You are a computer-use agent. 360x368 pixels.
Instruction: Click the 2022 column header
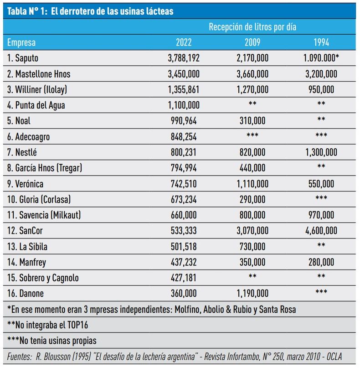[184, 42]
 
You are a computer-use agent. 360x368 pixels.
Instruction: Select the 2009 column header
[252, 42]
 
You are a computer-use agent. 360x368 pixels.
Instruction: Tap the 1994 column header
[321, 42]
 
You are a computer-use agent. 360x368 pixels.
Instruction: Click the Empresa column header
[21, 43]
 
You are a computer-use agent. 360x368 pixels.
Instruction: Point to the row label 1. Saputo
[23, 58]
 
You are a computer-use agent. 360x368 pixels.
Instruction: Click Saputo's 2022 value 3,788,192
[184, 58]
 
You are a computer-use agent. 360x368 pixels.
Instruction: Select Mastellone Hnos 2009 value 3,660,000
[252, 74]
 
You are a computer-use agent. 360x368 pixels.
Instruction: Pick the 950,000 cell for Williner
[321, 90]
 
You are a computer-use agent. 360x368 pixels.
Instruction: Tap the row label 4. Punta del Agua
[36, 105]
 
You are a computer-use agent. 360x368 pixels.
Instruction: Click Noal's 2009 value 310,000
[252, 121]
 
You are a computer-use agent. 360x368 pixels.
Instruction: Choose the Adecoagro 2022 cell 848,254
[184, 137]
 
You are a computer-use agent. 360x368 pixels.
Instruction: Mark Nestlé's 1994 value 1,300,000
[321, 153]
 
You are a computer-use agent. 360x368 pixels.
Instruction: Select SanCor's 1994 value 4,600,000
[321, 231]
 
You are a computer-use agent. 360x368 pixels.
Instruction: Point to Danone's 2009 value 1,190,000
[252, 294]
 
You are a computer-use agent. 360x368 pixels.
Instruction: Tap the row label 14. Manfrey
[27, 262]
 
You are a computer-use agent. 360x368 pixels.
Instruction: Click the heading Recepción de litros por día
[252, 27]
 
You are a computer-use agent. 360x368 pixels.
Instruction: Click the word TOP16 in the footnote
[77, 325]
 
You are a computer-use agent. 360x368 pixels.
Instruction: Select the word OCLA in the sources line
[334, 357]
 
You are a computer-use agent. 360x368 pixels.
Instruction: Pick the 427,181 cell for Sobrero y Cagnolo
[184, 278]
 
